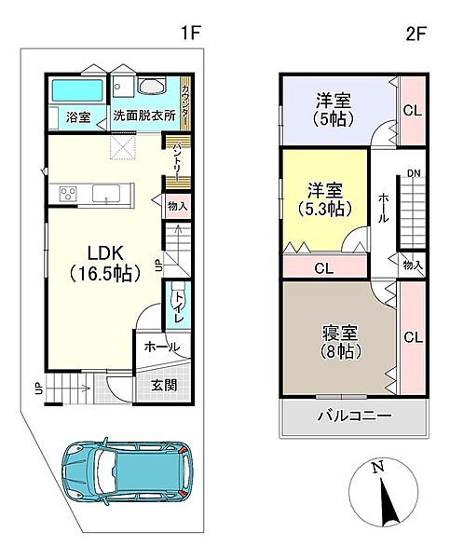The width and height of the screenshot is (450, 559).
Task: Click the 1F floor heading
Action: pyautogui.click(x=191, y=34)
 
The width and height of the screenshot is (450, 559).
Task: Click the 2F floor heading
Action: pyautogui.click(x=415, y=34)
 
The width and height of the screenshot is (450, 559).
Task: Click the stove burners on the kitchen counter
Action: pyautogui.click(x=68, y=195)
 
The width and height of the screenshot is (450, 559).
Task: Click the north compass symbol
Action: pyautogui.click(x=384, y=495)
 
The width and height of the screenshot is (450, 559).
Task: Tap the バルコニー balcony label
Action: pyautogui.click(x=353, y=416)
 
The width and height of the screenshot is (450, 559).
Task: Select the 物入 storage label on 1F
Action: pyautogui.click(x=177, y=207)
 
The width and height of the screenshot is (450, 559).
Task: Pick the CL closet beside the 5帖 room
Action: pyautogui.click(x=411, y=108)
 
